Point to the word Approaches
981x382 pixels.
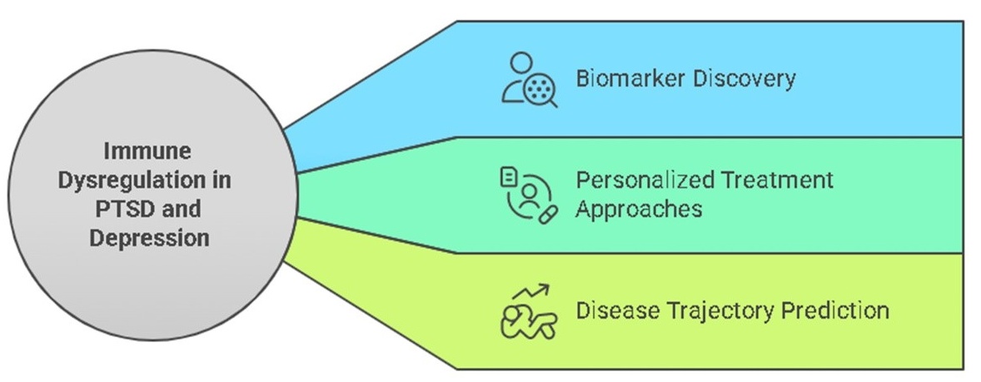[639, 208]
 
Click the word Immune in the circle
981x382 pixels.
[147, 151]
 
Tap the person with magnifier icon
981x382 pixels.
[529, 79]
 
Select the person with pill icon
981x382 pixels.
[528, 194]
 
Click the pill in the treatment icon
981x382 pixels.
[547, 215]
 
